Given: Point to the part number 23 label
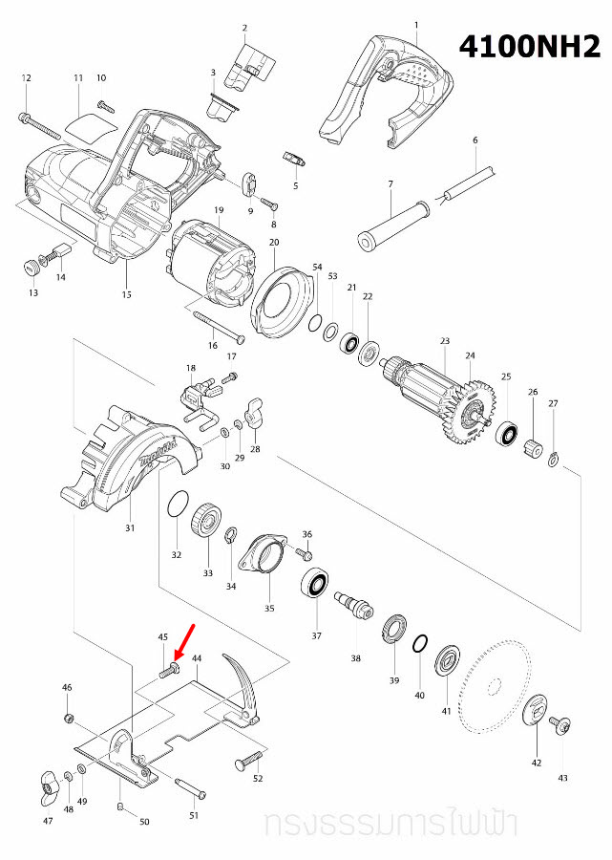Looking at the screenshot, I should pyautogui.click(x=444, y=341).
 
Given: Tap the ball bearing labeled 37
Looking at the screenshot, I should pyautogui.click(x=315, y=582).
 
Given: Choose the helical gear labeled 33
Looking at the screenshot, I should pyautogui.click(x=207, y=524).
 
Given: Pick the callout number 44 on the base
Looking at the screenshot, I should pyautogui.click(x=197, y=659).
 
